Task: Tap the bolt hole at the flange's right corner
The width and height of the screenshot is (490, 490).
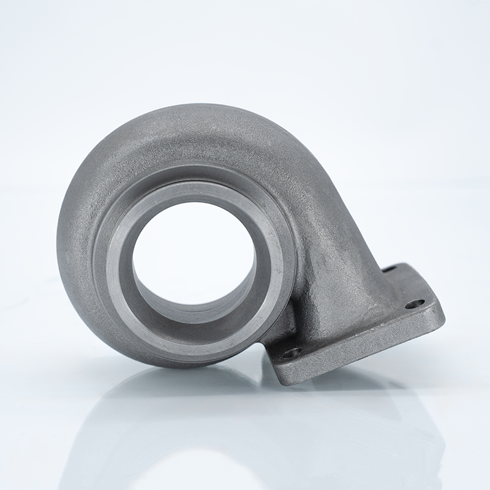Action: (x=414, y=303)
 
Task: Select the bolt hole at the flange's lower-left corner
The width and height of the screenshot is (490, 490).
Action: (x=290, y=352)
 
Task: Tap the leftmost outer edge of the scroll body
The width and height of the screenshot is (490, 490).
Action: (x=59, y=245)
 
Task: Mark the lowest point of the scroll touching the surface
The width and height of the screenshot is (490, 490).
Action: (x=184, y=366)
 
